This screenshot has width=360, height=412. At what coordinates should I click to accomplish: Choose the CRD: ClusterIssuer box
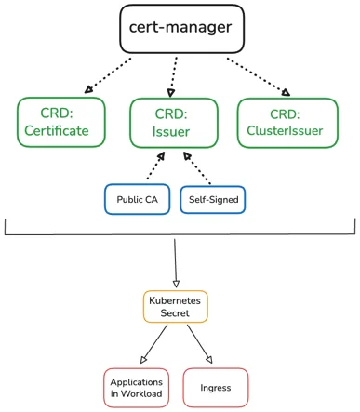click(x=287, y=122)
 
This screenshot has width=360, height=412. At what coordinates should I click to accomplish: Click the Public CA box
click(x=136, y=200)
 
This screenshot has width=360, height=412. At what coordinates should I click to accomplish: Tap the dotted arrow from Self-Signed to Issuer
click(x=202, y=168)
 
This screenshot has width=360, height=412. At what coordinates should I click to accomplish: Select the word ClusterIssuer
click(x=287, y=131)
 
